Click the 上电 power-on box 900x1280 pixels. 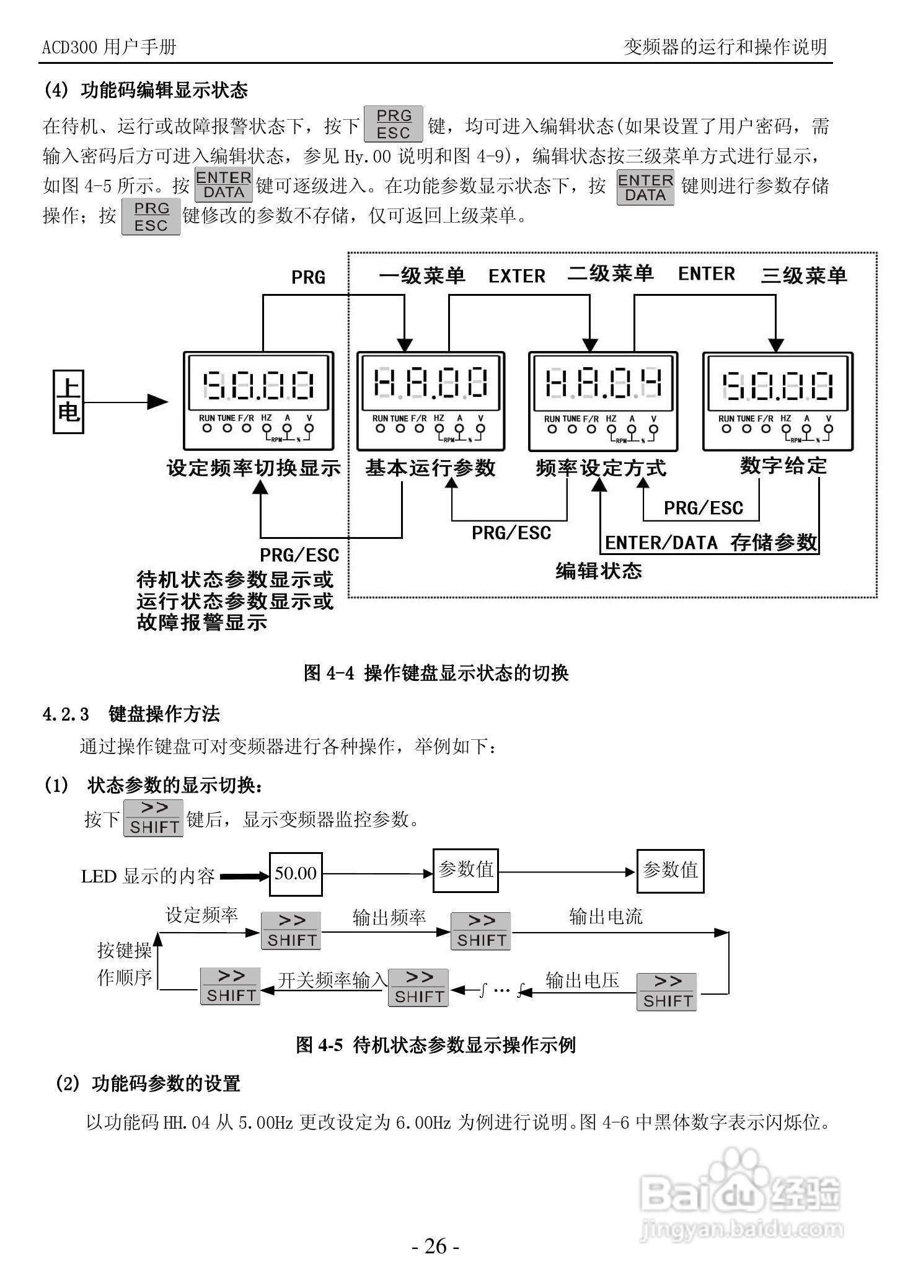[68, 401]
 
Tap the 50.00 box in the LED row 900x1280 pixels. [296, 873]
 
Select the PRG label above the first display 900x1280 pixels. [308, 277]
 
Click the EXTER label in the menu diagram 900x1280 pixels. [516, 276]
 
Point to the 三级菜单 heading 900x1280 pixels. [803, 275]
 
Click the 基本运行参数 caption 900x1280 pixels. [430, 467]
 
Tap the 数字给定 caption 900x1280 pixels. [783, 465]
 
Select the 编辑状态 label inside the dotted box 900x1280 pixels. [598, 571]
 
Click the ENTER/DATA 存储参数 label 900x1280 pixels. [710, 543]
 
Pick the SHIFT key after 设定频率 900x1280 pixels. [291, 931]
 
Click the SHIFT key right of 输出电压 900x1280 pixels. [666, 992]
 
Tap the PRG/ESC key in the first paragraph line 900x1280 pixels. [393, 124]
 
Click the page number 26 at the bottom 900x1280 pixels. [436, 1246]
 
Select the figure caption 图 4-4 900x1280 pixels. [436, 673]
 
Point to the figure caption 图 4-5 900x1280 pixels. [436, 1045]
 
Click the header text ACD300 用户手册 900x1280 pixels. [109, 47]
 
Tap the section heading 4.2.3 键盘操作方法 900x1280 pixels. [131, 714]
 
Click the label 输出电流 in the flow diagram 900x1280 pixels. [606, 917]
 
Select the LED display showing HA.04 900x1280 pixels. [602, 384]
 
